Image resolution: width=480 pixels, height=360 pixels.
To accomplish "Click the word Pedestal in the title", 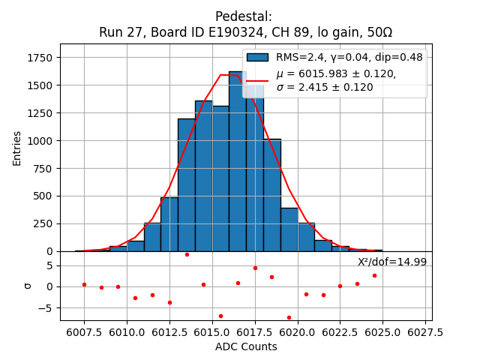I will (243, 16).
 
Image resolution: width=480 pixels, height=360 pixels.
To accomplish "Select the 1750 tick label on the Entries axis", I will (40, 58).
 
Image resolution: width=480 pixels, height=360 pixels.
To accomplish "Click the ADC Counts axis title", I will (246, 346).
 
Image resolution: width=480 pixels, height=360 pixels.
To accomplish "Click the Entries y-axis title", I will (17, 148).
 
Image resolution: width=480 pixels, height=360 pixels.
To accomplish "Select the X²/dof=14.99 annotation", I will (391, 262).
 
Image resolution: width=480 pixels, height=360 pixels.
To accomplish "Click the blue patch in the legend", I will (257, 57).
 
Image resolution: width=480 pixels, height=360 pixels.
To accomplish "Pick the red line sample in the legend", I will (257, 80).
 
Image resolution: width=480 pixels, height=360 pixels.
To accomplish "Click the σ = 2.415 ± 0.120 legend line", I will (325, 87).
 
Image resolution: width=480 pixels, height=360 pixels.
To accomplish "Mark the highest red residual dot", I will (187, 254).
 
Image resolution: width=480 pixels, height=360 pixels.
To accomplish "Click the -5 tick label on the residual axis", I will (46, 307).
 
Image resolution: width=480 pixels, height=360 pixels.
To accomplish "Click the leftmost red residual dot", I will (84, 284).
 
